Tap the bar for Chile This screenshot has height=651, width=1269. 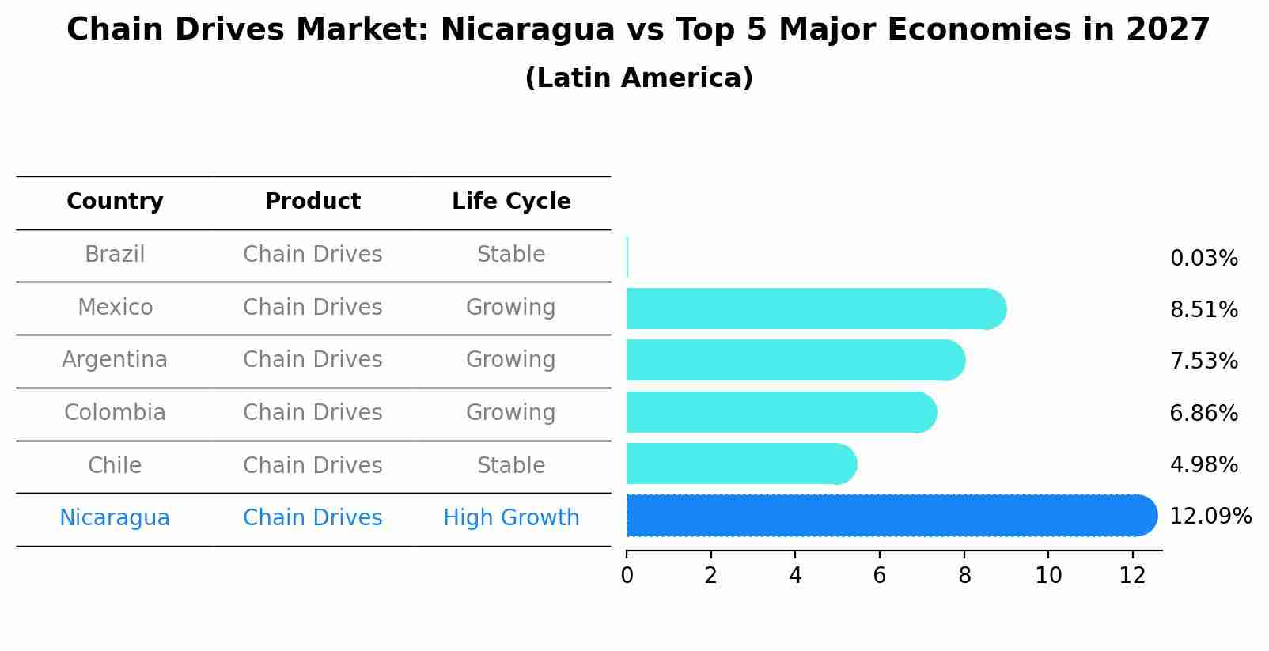[741, 464]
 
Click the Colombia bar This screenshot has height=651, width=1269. [780, 412]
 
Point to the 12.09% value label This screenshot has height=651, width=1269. [1210, 517]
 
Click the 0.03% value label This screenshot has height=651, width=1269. [1203, 259]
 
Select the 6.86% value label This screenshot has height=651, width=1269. [1203, 413]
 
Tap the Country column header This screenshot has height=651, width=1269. [115, 202]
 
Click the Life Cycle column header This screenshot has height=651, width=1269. [511, 202]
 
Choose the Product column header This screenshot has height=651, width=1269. [313, 202]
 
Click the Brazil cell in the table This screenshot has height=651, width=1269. [115, 255]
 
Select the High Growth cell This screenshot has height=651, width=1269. [511, 518]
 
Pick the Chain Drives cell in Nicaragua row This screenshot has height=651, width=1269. [313, 518]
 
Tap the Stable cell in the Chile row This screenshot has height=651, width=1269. [511, 465]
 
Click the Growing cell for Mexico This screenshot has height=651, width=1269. [511, 307]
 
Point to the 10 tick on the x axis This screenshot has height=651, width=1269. [1048, 576]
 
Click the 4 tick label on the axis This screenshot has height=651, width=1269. [795, 576]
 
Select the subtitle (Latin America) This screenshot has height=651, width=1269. [638, 78]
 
